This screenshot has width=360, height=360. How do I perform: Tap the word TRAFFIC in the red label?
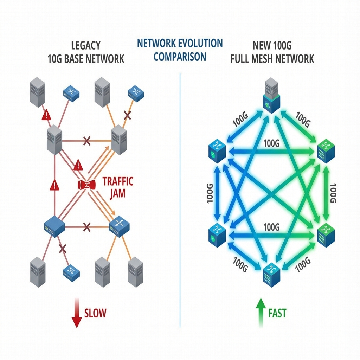pos(118,181)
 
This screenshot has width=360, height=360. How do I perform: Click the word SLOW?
pos(95,313)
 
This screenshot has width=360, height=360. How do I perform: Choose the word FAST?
pos(277,313)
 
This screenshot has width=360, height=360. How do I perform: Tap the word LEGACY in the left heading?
pos(86,45)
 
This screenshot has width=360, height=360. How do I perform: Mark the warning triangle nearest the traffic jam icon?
pos(78,164)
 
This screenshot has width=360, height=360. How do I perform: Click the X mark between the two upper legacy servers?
pos(86,141)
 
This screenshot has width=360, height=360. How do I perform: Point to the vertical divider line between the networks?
pos(180,200)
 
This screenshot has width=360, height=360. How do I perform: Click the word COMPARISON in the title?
pos(180,57)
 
